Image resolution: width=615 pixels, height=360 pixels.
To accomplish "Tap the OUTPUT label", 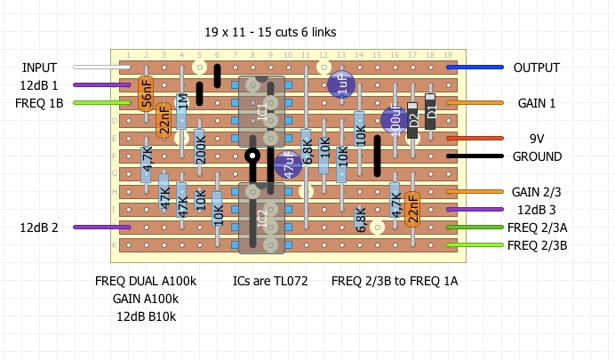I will (537, 68).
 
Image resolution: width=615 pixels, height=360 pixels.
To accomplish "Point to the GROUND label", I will (537, 156).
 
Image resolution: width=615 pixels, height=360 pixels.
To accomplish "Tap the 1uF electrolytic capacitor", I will (342, 85).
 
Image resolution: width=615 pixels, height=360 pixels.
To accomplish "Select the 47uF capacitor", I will (288, 165).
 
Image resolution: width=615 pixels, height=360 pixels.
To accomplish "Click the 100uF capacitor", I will (395, 120).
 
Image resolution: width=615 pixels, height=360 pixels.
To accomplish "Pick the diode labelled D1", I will (431, 111).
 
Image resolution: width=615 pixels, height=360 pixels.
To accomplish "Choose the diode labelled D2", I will (412, 116).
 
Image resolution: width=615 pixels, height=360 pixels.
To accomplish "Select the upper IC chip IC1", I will (261, 111).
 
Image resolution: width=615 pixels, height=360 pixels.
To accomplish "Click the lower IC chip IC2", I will (261, 218).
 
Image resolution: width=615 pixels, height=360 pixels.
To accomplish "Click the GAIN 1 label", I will (537, 103).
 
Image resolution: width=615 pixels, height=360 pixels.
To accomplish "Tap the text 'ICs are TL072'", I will (270, 281).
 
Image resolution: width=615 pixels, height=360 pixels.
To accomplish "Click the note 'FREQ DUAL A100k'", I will (146, 281).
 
